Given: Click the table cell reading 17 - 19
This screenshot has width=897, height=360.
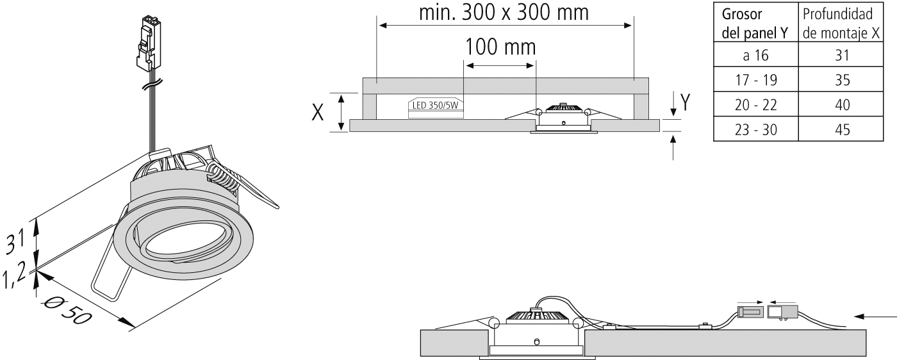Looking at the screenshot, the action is click(756, 80).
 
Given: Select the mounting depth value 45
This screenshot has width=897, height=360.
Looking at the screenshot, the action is click(842, 130).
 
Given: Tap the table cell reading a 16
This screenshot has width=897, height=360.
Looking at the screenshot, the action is click(756, 55).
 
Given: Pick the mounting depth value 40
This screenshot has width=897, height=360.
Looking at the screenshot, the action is click(842, 105).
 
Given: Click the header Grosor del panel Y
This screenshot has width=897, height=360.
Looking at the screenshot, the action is click(755, 24).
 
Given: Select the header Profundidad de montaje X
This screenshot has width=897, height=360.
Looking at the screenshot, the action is click(841, 24).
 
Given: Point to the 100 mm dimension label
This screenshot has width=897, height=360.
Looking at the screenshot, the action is click(500, 47).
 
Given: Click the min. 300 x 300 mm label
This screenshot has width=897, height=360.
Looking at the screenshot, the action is click(504, 12).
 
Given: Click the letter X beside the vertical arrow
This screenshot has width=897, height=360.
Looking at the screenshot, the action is click(318, 112).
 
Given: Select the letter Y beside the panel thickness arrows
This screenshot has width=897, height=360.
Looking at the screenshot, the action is click(685, 102).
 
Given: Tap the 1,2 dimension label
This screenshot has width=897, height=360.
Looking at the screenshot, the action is click(13, 275).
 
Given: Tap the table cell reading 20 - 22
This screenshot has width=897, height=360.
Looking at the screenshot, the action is click(756, 105).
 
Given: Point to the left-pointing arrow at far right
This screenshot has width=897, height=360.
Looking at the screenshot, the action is click(875, 316).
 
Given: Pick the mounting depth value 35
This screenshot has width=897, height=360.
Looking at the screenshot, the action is click(842, 80).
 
